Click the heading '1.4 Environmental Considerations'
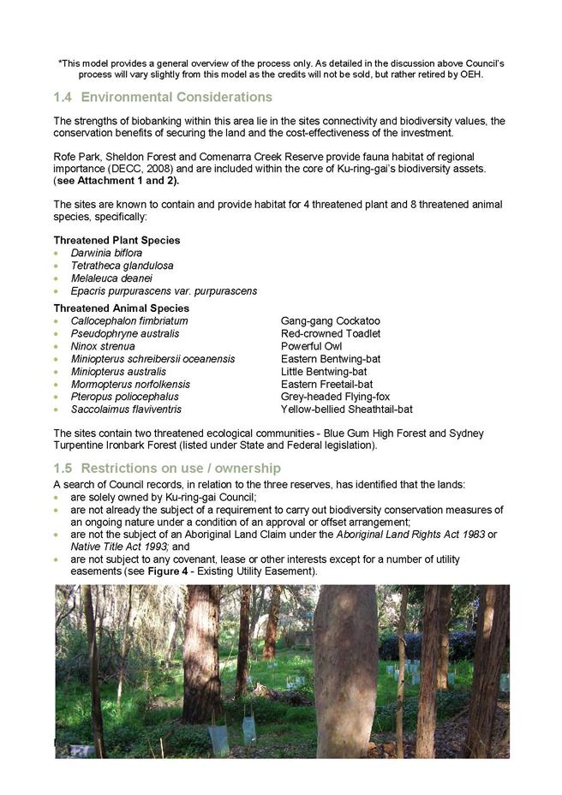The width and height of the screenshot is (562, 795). [x=163, y=97]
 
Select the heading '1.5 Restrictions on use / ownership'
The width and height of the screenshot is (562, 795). [x=167, y=469]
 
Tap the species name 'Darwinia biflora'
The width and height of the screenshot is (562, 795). [x=106, y=253]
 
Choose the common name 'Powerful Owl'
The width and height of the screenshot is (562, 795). [x=311, y=346]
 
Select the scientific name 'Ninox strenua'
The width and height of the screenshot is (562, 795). [x=103, y=346]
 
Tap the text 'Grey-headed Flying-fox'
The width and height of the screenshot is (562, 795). [x=335, y=397]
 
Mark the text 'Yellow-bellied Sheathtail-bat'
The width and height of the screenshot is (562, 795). [x=346, y=409]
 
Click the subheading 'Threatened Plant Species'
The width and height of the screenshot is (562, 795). [x=117, y=241]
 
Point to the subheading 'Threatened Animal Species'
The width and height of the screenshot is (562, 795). [x=121, y=308]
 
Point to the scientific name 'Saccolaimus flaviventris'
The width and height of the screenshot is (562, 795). [x=126, y=409]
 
